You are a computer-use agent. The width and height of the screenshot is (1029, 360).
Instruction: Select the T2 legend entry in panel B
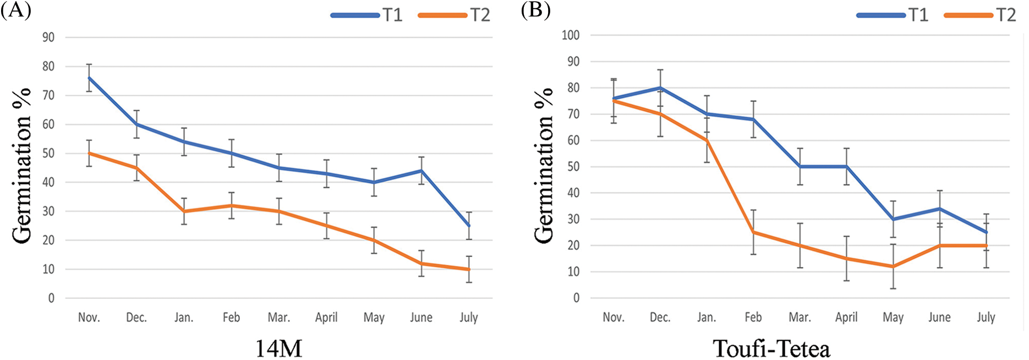[979, 15]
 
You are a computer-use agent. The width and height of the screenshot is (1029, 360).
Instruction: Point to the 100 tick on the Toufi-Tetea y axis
[570, 35]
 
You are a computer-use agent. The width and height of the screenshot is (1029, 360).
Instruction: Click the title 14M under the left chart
[278, 348]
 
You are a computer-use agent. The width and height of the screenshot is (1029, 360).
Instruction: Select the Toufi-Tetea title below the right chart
[771, 348]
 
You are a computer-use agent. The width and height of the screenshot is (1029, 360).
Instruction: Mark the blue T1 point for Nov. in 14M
[89, 78]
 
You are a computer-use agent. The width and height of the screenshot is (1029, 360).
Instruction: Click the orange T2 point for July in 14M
[469, 269]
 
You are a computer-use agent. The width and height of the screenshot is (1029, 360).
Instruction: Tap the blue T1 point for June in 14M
[422, 171]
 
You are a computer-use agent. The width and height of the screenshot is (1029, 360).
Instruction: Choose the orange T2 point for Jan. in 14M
[184, 211]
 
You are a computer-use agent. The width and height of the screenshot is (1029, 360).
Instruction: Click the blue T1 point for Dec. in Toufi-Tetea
[660, 88]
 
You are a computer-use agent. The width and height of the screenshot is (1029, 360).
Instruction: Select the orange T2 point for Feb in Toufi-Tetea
[753, 232]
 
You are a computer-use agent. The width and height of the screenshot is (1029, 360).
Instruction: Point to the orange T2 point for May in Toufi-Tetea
[893, 266]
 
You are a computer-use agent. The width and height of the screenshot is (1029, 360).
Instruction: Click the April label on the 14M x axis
[326, 318]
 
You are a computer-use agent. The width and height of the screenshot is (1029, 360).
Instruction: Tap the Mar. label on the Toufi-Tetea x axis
[800, 318]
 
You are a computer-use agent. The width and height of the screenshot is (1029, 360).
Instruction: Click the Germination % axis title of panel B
[544, 165]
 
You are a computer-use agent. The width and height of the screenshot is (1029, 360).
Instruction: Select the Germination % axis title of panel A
[22, 165]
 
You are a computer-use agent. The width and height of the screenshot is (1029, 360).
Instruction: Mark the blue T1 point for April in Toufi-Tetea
[846, 167]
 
